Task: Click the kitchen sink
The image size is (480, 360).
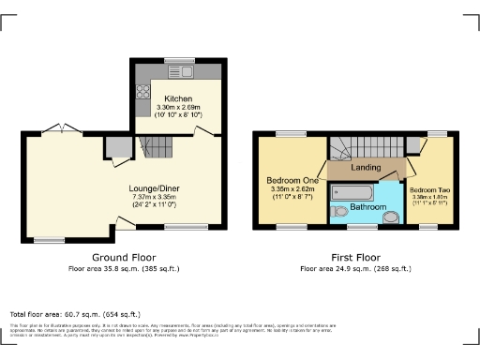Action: (177, 71)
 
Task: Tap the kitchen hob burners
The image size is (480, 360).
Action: (144, 92)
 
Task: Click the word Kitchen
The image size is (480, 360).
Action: (178, 98)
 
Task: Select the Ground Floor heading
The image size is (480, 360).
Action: (124, 257)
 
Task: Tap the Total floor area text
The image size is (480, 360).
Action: (75, 313)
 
